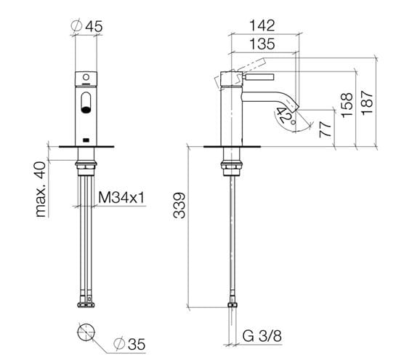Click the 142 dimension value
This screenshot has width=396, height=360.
(262, 25)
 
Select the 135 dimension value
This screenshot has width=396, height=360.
(262, 44)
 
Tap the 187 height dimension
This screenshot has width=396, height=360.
(367, 103)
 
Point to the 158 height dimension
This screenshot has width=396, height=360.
(347, 105)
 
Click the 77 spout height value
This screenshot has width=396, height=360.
(326, 129)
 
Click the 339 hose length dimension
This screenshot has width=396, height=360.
(179, 205)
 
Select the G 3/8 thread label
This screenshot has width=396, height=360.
(262, 336)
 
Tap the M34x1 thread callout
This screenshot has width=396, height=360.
(121, 197)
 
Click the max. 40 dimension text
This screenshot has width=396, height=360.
(41, 189)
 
